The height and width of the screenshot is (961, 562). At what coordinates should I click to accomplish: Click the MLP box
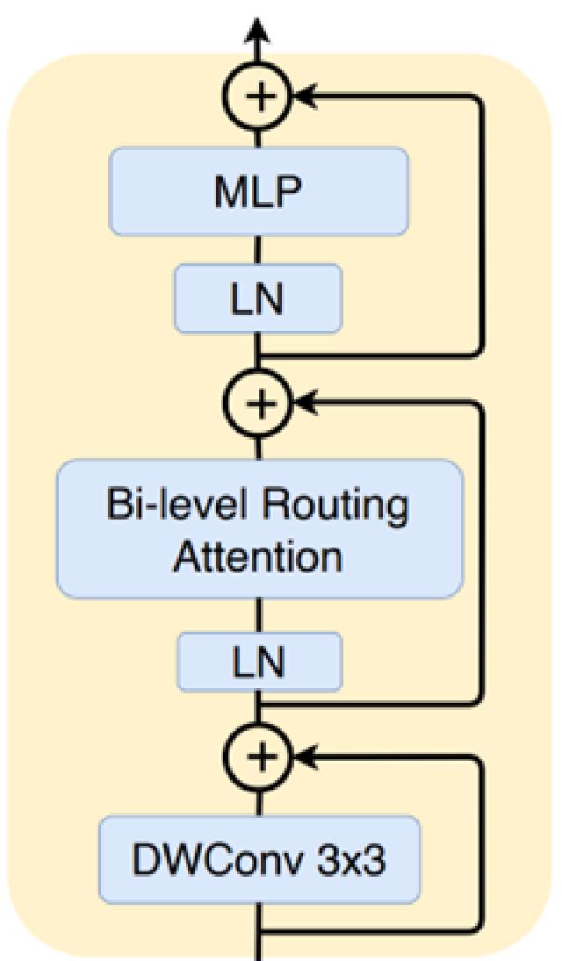tap(258, 191)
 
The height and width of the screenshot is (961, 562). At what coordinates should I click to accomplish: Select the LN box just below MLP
tap(258, 299)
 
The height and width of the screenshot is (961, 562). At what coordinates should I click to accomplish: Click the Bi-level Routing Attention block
tap(258, 529)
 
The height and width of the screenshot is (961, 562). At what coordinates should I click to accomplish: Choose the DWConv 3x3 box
tap(258, 860)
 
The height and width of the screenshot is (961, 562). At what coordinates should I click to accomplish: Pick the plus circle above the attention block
tap(258, 403)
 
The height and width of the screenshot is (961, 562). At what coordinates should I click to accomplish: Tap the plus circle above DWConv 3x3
tap(258, 756)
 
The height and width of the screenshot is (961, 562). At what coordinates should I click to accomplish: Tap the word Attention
tap(257, 556)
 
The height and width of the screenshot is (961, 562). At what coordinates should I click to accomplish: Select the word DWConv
tap(217, 860)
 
